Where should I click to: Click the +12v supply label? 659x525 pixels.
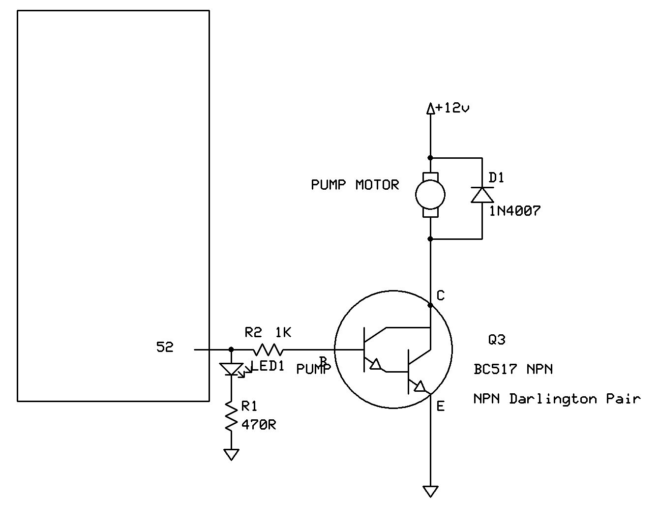pyautogui.click(x=452, y=108)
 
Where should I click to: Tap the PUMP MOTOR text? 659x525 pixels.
pyautogui.click(x=355, y=185)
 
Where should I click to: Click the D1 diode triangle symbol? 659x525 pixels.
pyautogui.click(x=482, y=195)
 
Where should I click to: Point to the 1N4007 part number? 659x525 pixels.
pyautogui.click(x=515, y=211)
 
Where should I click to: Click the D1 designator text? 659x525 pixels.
pyautogui.click(x=496, y=177)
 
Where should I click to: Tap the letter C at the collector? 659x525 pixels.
pyautogui.click(x=441, y=295)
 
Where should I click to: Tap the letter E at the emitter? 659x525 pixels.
pyautogui.click(x=441, y=406)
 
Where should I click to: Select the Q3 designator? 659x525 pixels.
pyautogui.click(x=497, y=340)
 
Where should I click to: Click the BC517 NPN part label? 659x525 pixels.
pyautogui.click(x=513, y=369)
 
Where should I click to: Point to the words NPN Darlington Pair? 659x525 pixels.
pyautogui.click(x=557, y=399)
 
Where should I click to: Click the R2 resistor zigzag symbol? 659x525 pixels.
pyautogui.click(x=268, y=350)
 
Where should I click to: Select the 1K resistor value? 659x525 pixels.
pyautogui.click(x=283, y=332)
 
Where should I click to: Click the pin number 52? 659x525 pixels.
pyautogui.click(x=165, y=347)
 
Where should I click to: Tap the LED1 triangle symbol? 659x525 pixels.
pyautogui.click(x=232, y=369)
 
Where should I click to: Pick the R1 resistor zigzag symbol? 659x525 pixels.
pyautogui.click(x=232, y=417)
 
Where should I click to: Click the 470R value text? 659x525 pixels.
pyautogui.click(x=259, y=425)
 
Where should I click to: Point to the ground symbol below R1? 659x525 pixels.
pyautogui.click(x=232, y=455)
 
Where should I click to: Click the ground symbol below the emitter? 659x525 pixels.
pyautogui.click(x=430, y=491)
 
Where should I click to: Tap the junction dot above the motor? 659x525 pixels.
pyautogui.click(x=430, y=158)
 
